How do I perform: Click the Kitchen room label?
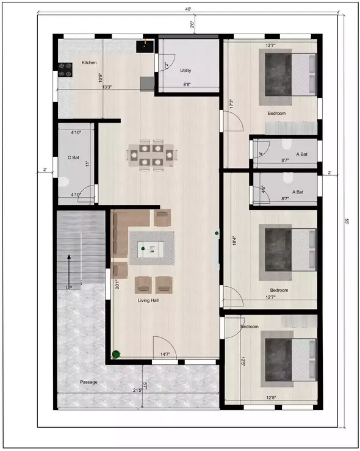click(89, 63)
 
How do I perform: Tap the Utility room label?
click(186, 71)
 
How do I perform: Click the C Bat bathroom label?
click(73, 157)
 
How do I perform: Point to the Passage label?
click(89, 382)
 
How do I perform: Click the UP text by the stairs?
click(69, 287)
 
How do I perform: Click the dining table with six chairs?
click(151, 154)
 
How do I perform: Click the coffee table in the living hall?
click(150, 247)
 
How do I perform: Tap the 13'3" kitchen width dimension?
click(107, 87)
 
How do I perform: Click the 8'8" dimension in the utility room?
click(189, 85)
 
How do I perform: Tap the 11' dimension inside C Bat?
click(87, 164)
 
